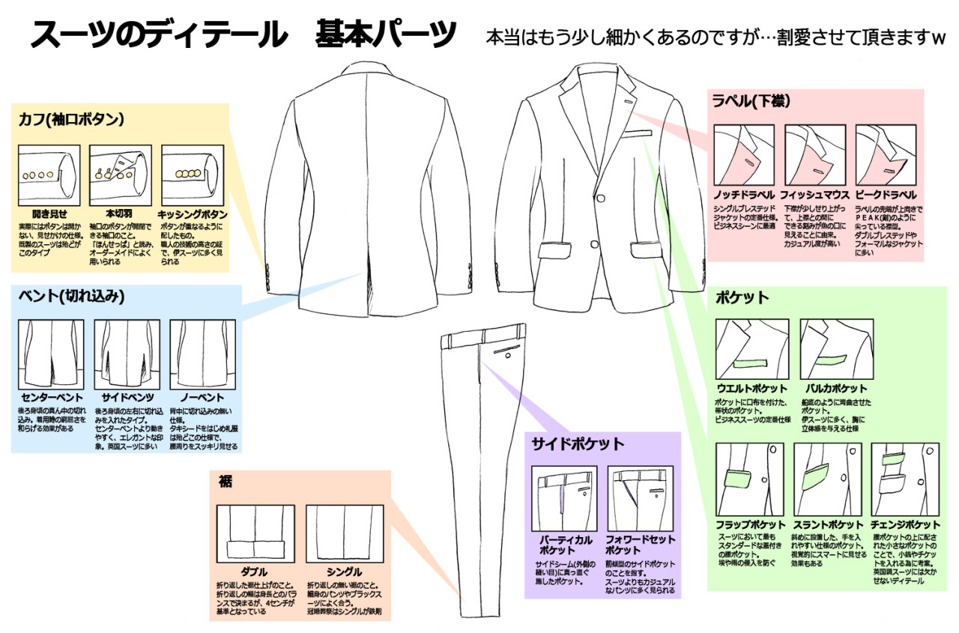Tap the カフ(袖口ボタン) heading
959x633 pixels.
pyautogui.click(x=71, y=118)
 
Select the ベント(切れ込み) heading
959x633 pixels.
pyautogui.click(x=71, y=295)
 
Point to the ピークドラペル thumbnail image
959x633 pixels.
pyautogui.click(x=886, y=155)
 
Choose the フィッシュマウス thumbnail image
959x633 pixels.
pyautogui.click(x=815, y=155)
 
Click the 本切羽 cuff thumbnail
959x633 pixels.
pyautogui.click(x=121, y=170)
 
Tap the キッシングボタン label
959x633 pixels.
pyautogui.click(x=193, y=213)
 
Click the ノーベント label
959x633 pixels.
pyautogui.click(x=202, y=396)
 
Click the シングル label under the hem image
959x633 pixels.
pyautogui.click(x=345, y=572)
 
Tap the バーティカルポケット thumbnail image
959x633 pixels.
pyautogui.click(x=564, y=498)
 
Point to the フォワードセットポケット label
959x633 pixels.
pyautogui.click(x=641, y=545)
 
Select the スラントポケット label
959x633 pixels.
pyautogui.click(x=827, y=524)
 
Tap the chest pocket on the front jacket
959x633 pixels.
pyautogui.click(x=635, y=135)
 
